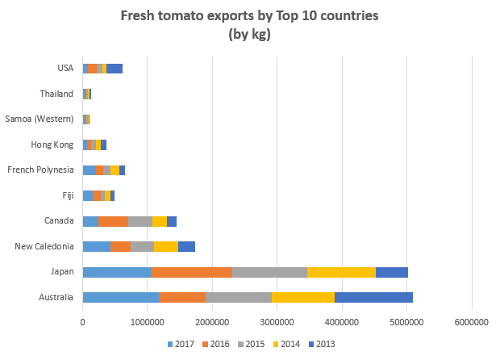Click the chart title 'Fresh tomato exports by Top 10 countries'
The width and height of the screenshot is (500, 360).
point(248,16)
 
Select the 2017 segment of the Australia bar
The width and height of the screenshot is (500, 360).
point(120,297)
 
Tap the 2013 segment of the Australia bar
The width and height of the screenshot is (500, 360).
point(373,297)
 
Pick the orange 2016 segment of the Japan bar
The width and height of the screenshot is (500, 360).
point(191,272)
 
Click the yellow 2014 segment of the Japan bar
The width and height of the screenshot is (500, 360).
point(341,272)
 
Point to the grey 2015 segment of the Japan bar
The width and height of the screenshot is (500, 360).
point(269,272)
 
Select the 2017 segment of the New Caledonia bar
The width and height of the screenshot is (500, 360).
point(97,247)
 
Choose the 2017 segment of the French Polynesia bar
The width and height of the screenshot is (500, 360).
point(89,170)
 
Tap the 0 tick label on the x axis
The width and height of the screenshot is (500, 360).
point(82,322)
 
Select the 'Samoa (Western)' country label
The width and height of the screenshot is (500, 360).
point(40,119)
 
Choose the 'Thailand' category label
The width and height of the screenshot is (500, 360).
point(56,94)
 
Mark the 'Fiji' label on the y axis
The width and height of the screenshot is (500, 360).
point(68,195)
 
